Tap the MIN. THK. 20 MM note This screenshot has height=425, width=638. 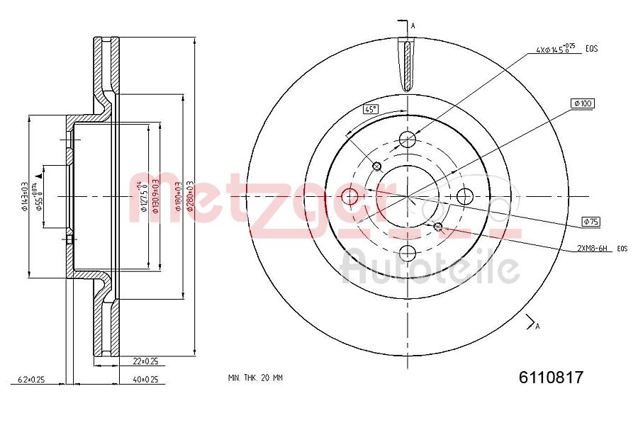coord(255,378)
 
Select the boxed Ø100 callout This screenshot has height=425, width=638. coord(583,103)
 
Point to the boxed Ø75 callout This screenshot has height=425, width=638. coord(591,222)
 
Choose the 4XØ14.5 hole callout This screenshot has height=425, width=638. coord(556,50)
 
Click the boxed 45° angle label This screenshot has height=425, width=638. coord(371,109)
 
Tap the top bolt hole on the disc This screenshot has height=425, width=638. coord(408,139)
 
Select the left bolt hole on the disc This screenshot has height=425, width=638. coord(350,195)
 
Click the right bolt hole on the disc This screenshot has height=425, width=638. coord(465,195)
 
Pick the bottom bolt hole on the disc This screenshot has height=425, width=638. coord(408,252)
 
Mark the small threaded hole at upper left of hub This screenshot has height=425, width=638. coord(377,166)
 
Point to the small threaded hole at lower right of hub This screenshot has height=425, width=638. coord(438,227)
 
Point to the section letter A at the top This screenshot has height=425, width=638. coord(413,26)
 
